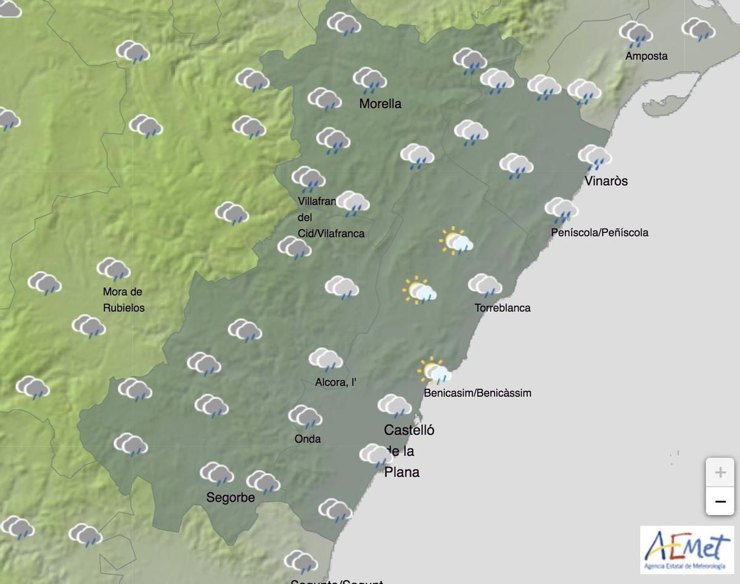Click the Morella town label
point(380,103)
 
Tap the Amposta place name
point(646,56)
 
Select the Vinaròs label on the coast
point(606,181)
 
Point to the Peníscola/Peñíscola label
point(599,232)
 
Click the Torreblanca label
point(502,307)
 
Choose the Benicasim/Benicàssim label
point(477,392)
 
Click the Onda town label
point(308,439)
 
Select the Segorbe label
point(230,497)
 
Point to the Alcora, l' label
point(335,383)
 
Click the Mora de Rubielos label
point(123,299)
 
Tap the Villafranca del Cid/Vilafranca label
point(331,217)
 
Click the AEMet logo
point(687,549)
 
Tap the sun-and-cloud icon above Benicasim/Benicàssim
point(435,371)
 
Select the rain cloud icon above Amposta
point(636,34)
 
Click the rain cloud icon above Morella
point(369,80)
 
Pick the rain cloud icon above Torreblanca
point(485,286)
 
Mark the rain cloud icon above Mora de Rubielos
point(113,270)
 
